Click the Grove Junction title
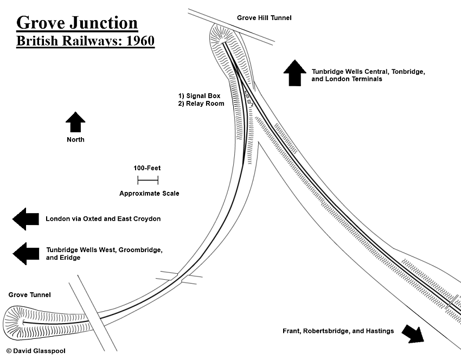(76, 23)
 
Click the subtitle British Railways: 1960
(85, 41)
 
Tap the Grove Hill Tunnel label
(264, 18)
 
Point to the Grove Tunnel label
(29, 295)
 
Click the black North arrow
(75, 122)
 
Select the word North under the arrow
(75, 140)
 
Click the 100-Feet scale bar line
(148, 180)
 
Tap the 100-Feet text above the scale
(148, 168)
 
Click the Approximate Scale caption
(149, 194)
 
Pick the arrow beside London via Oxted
(25, 218)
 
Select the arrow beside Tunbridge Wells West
(25, 253)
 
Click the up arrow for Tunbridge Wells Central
(295, 73)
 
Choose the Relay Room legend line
(201, 104)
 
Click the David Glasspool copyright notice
(36, 351)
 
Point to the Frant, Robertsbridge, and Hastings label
(338, 331)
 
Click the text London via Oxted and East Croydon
(103, 219)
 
